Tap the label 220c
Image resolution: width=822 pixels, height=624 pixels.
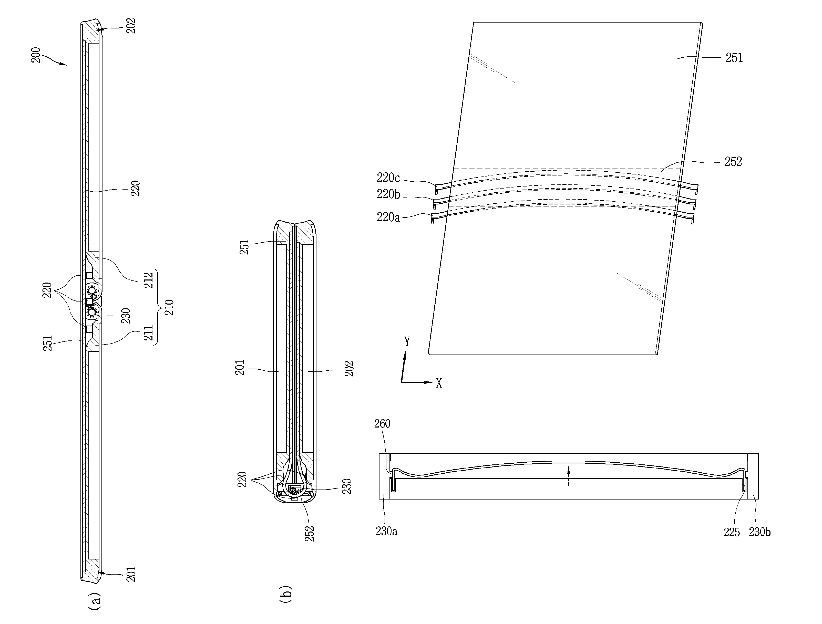tap(388, 178)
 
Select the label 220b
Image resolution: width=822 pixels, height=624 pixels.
tap(388, 194)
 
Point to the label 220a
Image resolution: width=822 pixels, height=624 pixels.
tap(388, 217)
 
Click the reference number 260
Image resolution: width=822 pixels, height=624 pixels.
tap(382, 423)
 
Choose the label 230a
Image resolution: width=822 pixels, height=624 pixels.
tap(386, 531)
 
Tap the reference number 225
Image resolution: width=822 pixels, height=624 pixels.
tap(732, 532)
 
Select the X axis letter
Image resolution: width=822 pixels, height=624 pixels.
tap(439, 383)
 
